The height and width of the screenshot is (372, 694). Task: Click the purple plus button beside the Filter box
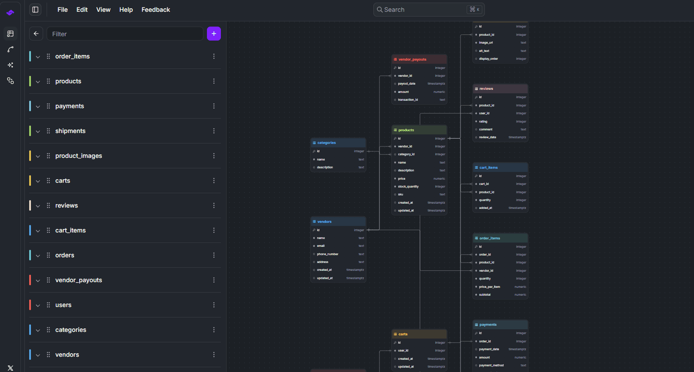[213, 34]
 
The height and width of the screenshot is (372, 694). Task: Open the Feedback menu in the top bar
[156, 10]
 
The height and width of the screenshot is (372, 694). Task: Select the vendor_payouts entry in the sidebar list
[78, 280]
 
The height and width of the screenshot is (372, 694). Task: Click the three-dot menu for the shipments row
[214, 131]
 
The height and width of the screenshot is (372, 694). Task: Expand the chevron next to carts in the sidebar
[38, 181]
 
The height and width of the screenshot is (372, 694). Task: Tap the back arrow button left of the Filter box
[36, 34]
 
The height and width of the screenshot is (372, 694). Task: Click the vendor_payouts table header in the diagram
[419, 59]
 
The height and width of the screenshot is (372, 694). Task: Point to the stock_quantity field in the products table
[408, 187]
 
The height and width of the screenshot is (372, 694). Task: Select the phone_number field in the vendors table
[328, 254]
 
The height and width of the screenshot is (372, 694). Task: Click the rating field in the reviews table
[483, 122]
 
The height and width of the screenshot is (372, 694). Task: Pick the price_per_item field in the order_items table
[489, 287]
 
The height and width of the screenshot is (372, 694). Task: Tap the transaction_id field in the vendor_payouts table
[408, 100]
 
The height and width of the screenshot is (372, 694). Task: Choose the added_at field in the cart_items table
[485, 208]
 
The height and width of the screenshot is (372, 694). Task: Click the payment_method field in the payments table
[491, 365]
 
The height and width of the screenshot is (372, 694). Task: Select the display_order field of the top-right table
[488, 59]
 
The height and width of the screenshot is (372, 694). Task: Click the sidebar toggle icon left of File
[35, 10]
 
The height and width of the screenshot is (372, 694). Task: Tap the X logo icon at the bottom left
[10, 368]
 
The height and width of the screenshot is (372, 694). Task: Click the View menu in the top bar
[103, 10]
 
